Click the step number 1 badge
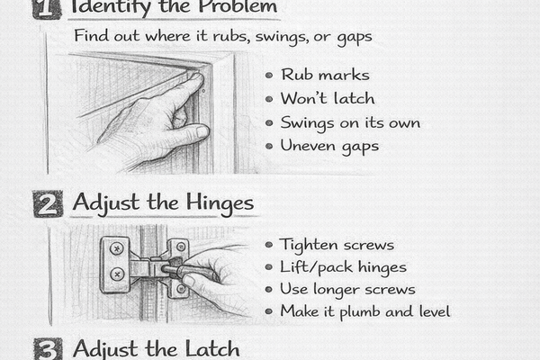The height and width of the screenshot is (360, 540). (x=48, y=8)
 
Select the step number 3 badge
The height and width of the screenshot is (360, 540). (x=48, y=349)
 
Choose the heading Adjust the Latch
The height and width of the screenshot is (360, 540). (x=156, y=349)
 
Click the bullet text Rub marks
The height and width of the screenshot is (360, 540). (x=312, y=76)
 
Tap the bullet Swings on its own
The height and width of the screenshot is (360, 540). (x=350, y=121)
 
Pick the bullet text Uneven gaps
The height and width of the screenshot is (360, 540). (x=328, y=145)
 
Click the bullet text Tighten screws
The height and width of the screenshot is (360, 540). (x=337, y=245)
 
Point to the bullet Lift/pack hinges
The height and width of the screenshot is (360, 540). (x=342, y=267)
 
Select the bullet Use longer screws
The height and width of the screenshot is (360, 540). (x=347, y=289)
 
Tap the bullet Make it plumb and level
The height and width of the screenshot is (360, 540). (x=364, y=311)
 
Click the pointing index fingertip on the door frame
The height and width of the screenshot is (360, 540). (x=195, y=79)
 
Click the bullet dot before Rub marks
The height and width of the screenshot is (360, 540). (x=270, y=76)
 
